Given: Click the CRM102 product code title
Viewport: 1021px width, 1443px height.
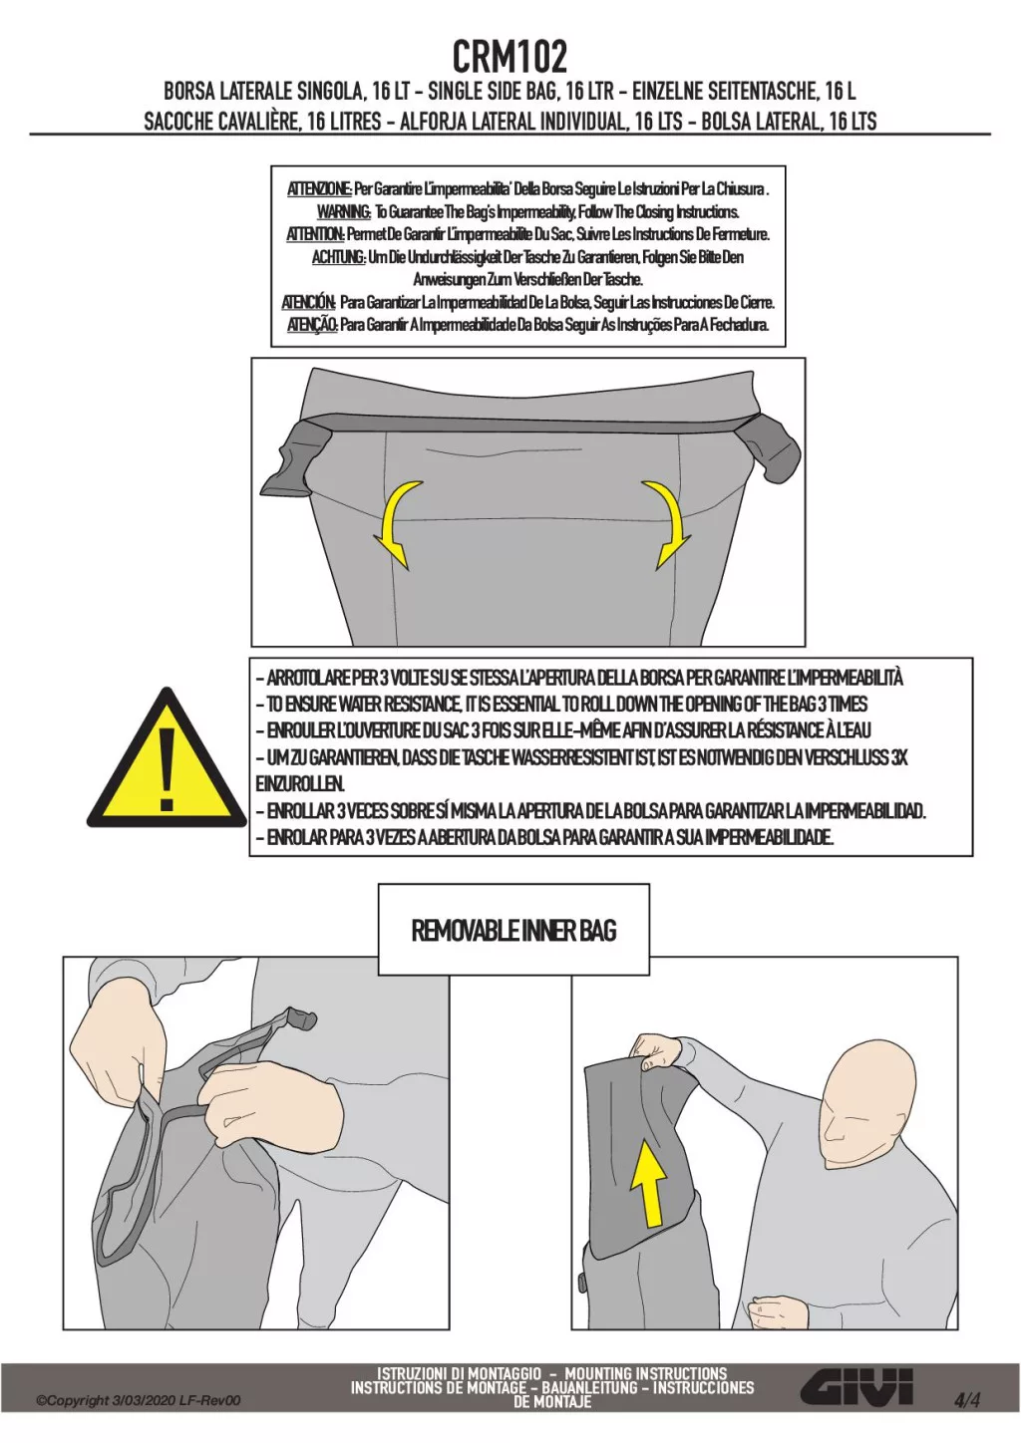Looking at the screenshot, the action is pos(510,56).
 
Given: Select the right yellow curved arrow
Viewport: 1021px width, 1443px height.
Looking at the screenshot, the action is pos(666,525).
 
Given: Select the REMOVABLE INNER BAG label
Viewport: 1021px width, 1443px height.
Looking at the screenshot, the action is pos(513,931).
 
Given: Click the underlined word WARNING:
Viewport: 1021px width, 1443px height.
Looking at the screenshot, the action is pos(344,212).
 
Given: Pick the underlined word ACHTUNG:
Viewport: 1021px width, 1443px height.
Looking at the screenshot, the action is pos(339,258).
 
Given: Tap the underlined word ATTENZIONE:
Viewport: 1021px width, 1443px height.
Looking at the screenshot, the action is pos(319,190).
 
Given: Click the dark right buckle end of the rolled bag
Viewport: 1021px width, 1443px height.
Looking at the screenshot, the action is pos(771,447).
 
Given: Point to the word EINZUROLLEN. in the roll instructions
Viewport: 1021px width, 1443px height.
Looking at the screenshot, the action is pos(300,784).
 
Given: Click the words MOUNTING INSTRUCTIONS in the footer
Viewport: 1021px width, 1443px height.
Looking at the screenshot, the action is pos(646,1371).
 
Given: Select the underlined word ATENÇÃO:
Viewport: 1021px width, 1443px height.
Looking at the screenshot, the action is pos(312,325).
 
